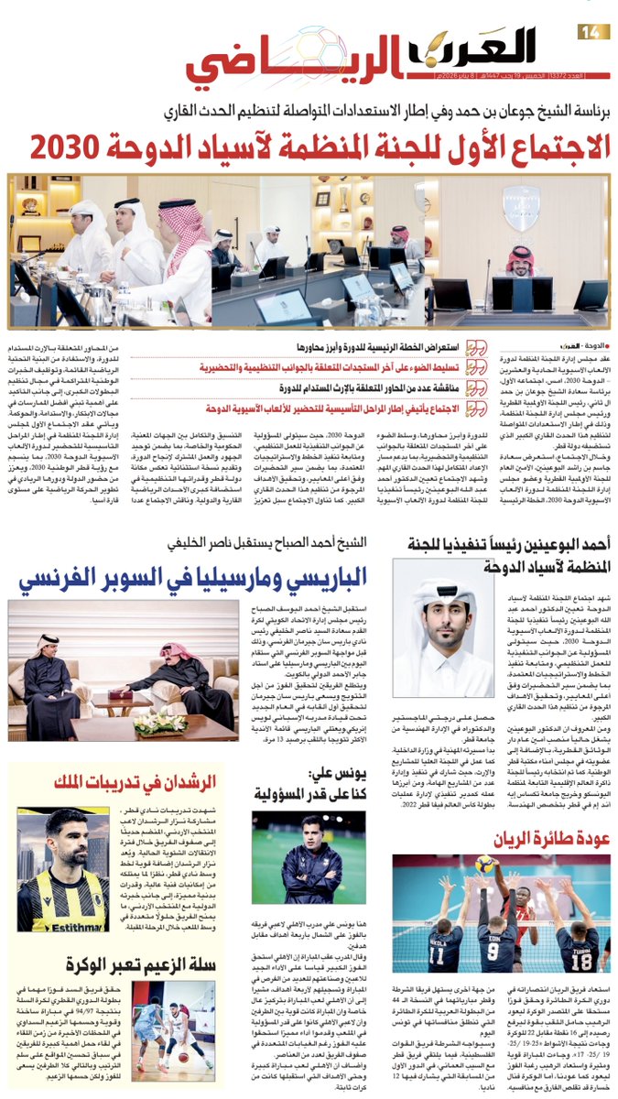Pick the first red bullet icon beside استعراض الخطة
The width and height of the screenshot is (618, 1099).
476,348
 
